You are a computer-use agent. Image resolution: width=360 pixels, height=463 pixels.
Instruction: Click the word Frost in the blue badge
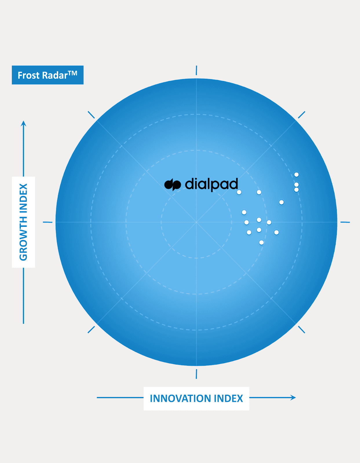coord(28,75)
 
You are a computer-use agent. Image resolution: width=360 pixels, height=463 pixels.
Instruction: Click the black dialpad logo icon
coord(173,184)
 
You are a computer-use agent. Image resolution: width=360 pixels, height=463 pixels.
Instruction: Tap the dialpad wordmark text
coord(211,184)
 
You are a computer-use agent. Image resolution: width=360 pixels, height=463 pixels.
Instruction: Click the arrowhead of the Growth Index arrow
coord(23,124)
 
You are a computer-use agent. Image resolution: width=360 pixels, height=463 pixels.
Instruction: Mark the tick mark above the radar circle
coord(196,70)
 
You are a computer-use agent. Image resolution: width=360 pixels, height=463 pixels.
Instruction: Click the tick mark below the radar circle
coord(196,374)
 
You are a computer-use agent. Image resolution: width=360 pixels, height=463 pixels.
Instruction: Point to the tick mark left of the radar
coord(47,222)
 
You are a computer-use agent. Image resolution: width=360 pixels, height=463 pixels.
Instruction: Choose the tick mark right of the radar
coord(345,222)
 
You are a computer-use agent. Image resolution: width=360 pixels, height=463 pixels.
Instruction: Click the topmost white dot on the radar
coord(296,174)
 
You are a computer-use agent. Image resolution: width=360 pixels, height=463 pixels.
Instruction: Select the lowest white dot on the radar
coord(261,242)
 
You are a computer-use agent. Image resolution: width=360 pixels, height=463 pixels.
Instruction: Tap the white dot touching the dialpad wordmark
coord(239,192)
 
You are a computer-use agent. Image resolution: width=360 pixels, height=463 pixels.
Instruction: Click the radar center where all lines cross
coord(196,222)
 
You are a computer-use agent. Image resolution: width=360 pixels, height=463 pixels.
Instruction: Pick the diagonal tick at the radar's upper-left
coord(91,115)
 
